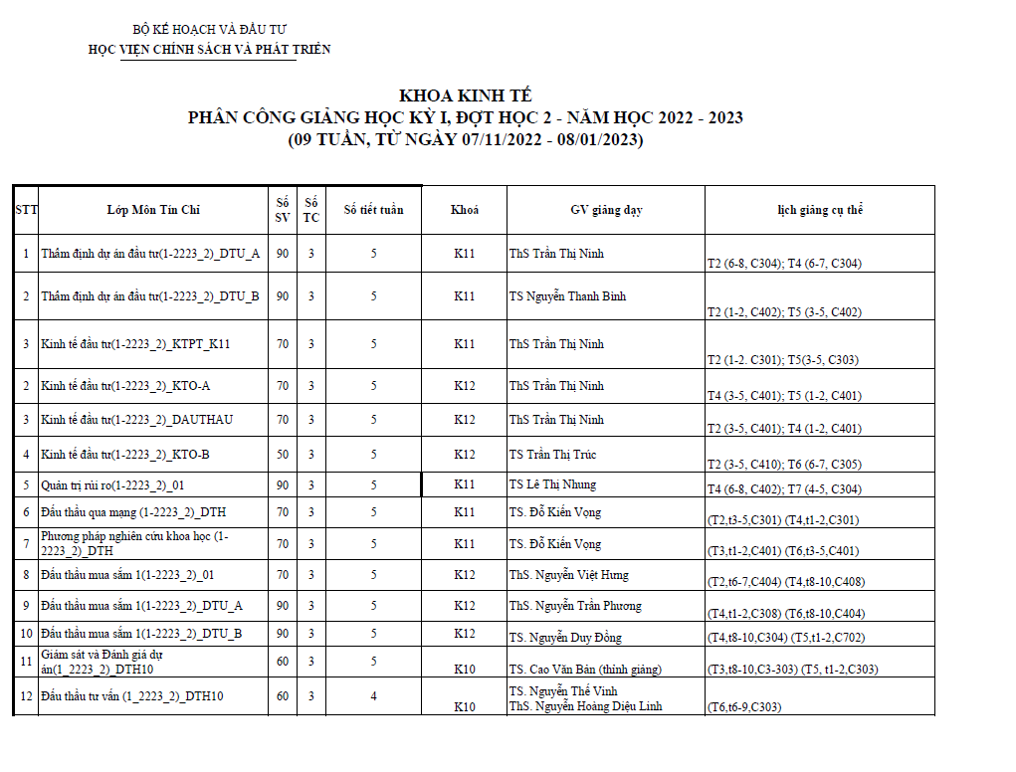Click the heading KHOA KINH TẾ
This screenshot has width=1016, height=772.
pyautogui.click(x=465, y=96)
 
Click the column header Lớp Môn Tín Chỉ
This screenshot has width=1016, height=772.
pyautogui.click(x=153, y=210)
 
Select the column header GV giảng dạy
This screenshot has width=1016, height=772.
pyautogui.click(x=606, y=210)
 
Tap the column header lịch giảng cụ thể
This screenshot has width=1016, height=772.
pyautogui.click(x=820, y=210)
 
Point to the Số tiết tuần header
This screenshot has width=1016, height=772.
pyautogui.click(x=373, y=210)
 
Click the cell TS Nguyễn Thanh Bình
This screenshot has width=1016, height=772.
pyautogui.click(x=567, y=296)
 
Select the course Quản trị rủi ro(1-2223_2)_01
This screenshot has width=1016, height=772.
pyautogui.click(x=112, y=484)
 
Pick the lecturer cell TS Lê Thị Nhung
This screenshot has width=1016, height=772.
pyautogui.click(x=552, y=484)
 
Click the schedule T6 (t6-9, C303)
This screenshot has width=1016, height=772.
pyautogui.click(x=743, y=707)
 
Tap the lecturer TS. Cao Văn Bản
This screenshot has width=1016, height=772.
pyautogui.click(x=584, y=670)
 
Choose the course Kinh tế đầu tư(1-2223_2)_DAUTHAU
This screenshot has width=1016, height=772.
pyautogui.click(x=136, y=420)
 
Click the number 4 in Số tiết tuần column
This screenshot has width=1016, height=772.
pyautogui.click(x=373, y=696)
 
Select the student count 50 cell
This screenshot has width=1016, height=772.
pyautogui.click(x=283, y=455)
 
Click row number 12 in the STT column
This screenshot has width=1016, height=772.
pyautogui.click(x=26, y=696)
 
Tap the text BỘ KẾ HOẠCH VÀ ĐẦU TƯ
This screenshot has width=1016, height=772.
pyautogui.click(x=210, y=31)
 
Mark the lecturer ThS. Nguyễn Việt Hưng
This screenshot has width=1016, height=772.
pyautogui.click(x=568, y=575)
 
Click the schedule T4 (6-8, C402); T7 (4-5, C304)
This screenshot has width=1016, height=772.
pyautogui.click(x=783, y=489)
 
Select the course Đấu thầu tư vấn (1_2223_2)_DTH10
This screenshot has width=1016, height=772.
pyautogui.click(x=131, y=696)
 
